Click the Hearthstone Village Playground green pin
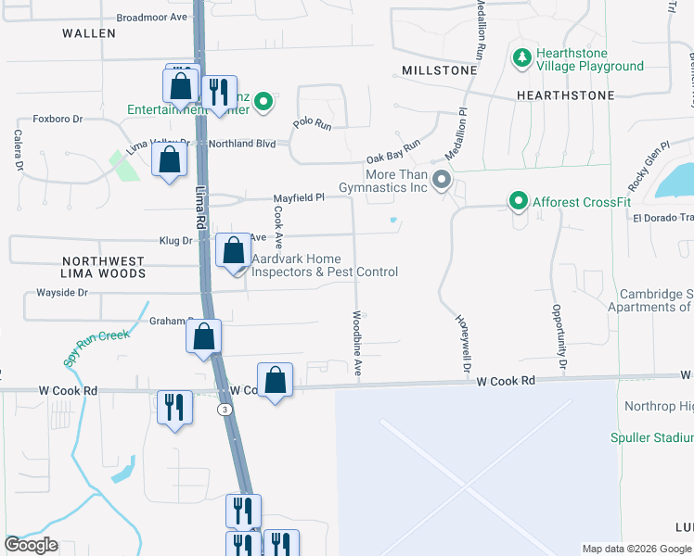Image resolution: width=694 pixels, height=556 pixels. click(522, 58)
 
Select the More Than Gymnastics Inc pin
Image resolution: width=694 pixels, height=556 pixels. click(442, 180)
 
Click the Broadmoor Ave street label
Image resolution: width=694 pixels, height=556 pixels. click(152, 18)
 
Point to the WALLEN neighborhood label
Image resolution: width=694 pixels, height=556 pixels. click(89, 33)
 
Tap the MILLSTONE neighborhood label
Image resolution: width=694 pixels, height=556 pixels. click(440, 70)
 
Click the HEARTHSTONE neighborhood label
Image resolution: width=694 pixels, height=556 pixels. click(565, 95)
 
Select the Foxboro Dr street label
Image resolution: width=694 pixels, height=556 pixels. click(58, 119)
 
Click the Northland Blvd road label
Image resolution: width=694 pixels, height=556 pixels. click(243, 144)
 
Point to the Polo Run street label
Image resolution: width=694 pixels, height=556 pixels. click(313, 123)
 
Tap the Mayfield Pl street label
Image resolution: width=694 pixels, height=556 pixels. click(298, 197)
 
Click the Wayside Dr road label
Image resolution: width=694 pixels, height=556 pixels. click(62, 293)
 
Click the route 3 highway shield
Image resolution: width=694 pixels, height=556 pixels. click(224, 408)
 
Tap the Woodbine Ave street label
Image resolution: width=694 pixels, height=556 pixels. click(357, 343)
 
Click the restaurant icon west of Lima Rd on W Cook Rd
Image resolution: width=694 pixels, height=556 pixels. click(173, 407)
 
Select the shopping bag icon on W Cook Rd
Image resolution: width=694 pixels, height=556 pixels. click(275, 379)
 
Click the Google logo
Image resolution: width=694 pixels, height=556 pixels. click(32, 545)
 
